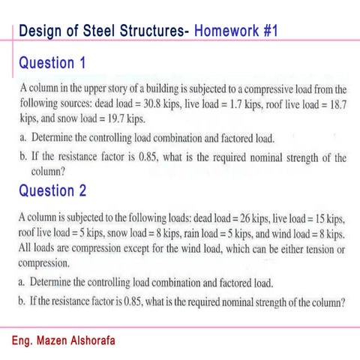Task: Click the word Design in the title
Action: pyautogui.click(x=37, y=31)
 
